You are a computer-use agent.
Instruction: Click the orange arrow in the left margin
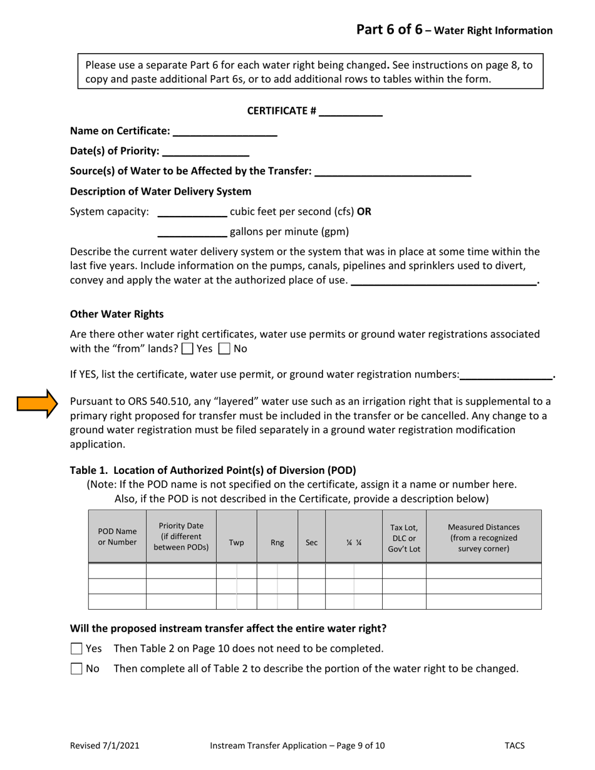pyautogui.click(x=37, y=404)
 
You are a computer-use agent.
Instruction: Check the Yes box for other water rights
pyautogui.click(x=187, y=349)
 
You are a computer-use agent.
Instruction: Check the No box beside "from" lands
pyautogui.click(x=225, y=349)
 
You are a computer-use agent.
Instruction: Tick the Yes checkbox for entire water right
pyautogui.click(x=76, y=649)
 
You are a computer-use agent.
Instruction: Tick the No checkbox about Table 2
pyautogui.click(x=76, y=669)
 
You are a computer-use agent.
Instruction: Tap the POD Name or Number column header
pyautogui.click(x=117, y=536)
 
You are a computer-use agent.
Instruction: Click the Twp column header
pyautogui.click(x=236, y=543)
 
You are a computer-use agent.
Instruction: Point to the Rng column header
pyautogui.click(x=277, y=543)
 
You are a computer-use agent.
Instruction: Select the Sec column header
pyautogui.click(x=311, y=543)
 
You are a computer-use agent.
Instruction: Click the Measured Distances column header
pyautogui.click(x=484, y=538)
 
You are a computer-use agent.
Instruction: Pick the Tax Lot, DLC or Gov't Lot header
pyautogui.click(x=404, y=538)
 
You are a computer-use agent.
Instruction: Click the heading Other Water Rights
pyautogui.click(x=116, y=314)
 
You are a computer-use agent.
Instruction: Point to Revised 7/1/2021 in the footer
pyautogui.click(x=105, y=746)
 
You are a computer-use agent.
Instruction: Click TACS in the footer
pyautogui.click(x=514, y=746)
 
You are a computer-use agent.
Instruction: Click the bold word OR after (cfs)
pyautogui.click(x=364, y=212)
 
